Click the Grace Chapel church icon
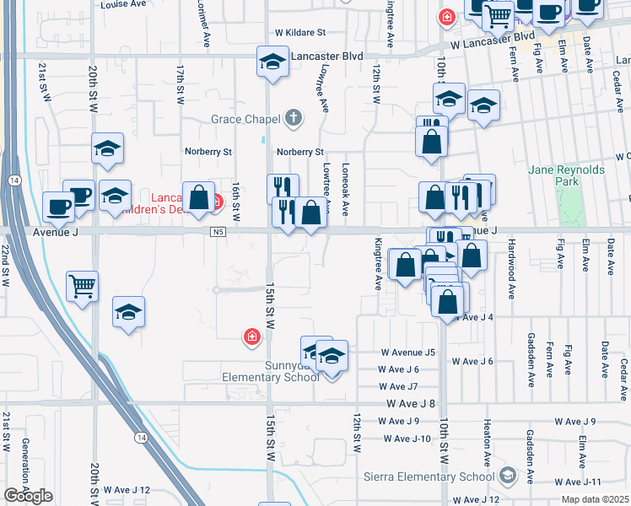coord(294,117)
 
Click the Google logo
coord(28,496)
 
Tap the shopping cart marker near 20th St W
coord(83,286)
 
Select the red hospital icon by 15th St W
coord(251,337)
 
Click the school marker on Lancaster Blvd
coord(272,62)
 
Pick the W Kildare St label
coord(299,33)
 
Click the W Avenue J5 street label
coord(407,352)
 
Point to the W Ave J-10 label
coord(407,439)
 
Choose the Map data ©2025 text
coord(595,499)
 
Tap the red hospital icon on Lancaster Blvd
coord(446,16)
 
